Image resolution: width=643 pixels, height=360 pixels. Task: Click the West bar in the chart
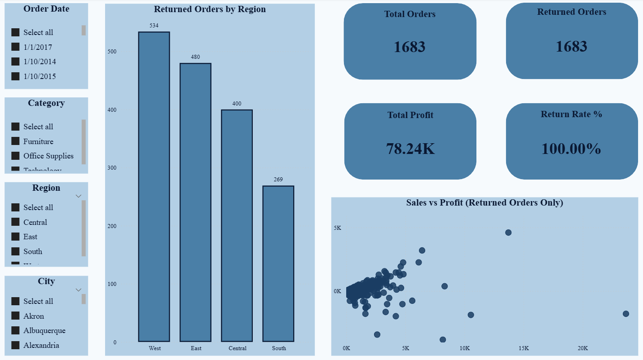tap(154, 186)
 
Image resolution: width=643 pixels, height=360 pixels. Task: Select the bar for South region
tap(278, 263)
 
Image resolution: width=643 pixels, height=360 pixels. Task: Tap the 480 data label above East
tap(195, 57)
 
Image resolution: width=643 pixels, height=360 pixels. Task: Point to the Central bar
tap(237, 225)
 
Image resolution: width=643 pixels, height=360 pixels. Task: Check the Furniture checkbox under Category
tap(15, 141)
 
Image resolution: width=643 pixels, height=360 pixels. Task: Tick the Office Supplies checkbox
tap(15, 156)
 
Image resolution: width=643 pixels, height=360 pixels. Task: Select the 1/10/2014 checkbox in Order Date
tap(15, 61)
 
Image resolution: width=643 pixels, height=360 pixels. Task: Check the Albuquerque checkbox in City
tap(15, 330)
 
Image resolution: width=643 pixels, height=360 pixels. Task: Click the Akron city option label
tap(34, 316)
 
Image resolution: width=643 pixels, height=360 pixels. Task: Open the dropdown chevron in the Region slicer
tap(79, 196)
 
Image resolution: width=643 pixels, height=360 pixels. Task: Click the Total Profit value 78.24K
tap(410, 149)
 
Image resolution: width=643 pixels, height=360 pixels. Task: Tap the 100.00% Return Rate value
tap(571, 149)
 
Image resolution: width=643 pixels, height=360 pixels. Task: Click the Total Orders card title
tap(410, 14)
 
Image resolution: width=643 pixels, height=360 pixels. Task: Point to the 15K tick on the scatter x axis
tap(524, 348)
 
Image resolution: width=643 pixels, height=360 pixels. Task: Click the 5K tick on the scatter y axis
tap(337, 228)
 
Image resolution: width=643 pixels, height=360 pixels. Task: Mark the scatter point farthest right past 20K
tap(626, 314)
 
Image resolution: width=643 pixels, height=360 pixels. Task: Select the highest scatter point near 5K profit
tap(508, 233)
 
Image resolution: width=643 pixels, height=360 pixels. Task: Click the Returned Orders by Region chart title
tap(210, 9)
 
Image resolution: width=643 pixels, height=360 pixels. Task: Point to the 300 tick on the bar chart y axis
tap(112, 168)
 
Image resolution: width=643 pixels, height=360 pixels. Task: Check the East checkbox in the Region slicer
tap(15, 237)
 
